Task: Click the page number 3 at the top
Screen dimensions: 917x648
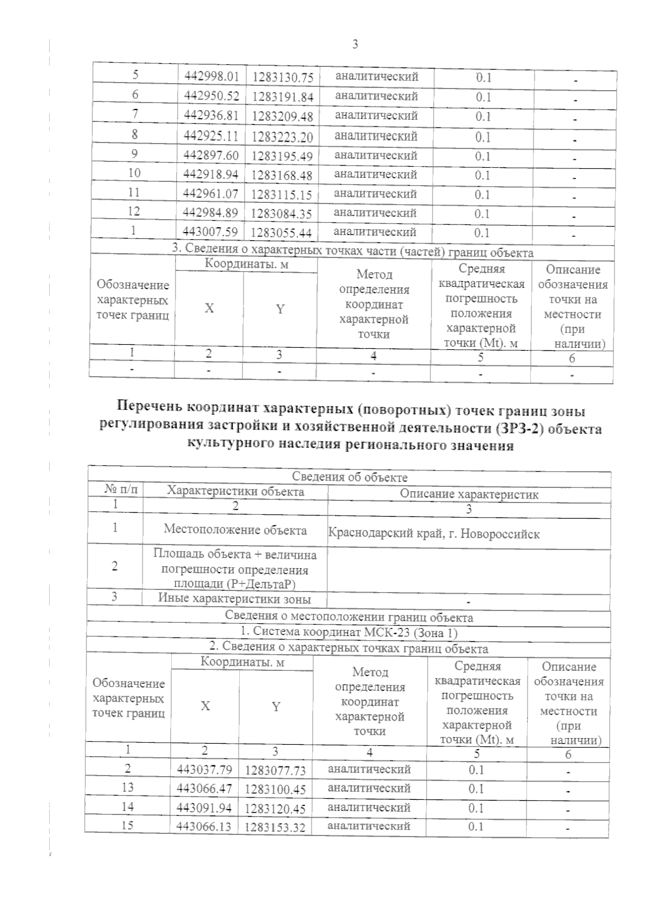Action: coord(355,44)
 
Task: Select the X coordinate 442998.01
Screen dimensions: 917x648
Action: coord(211,77)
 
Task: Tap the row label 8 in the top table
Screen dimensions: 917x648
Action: coord(134,134)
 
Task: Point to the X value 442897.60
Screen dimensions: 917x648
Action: coord(211,155)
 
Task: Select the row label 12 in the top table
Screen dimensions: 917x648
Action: coord(134,211)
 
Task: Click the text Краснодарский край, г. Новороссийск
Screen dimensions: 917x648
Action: coord(434,534)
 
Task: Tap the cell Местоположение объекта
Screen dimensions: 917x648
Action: coord(235,529)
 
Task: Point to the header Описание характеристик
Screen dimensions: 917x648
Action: coord(469,494)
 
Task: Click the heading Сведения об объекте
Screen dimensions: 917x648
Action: coord(349,477)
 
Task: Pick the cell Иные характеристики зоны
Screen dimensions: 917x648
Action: coord(234,598)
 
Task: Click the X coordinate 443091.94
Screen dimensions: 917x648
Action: coord(204,807)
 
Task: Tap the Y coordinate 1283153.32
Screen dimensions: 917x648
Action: coord(275,827)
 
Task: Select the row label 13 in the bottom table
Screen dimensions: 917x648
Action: coord(127,787)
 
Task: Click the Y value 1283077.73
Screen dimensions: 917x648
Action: coord(275,770)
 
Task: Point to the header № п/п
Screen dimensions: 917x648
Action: coord(122,490)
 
